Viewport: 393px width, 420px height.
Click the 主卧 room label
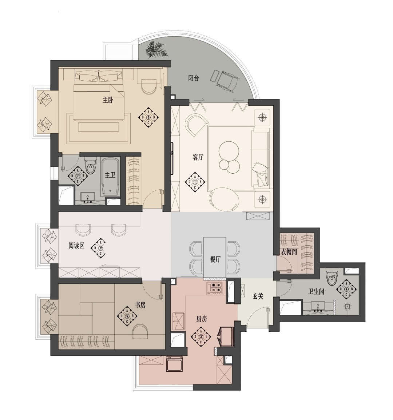[108, 100]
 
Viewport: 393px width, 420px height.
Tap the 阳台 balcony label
[194, 78]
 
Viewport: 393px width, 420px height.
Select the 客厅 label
[198, 157]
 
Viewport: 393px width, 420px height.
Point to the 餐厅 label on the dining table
[215, 259]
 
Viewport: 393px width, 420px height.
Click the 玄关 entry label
[258, 296]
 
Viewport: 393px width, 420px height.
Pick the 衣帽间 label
[289, 252]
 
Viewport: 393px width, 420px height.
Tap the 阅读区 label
[76, 245]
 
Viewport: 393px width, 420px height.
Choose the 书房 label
[140, 305]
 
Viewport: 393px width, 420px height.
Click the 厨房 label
[202, 319]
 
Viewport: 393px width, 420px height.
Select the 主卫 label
[110, 175]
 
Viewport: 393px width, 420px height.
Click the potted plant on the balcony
[156, 49]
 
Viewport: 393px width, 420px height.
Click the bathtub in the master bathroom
[110, 177]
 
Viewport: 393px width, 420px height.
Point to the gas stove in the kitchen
[214, 288]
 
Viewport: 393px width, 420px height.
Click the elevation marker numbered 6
[148, 117]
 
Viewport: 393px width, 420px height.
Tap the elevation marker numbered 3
[201, 336]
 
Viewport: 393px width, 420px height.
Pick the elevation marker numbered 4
[346, 289]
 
